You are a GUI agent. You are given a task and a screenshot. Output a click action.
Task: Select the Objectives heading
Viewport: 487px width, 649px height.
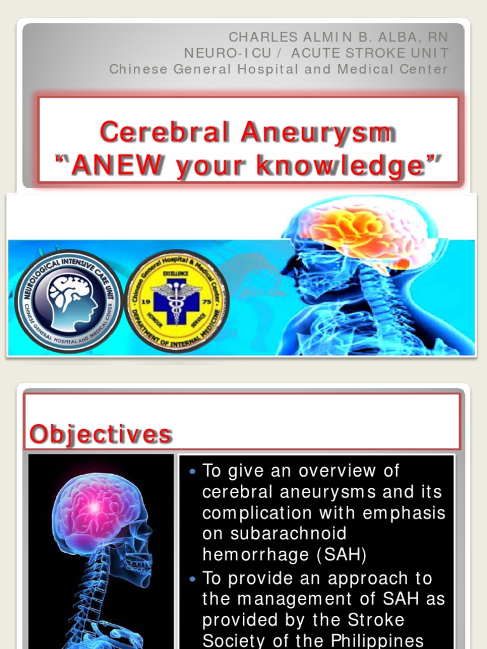100,434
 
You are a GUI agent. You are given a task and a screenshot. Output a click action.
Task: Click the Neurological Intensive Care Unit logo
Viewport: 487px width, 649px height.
66,302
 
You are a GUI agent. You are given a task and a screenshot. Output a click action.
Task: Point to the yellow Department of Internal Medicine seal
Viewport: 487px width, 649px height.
176,301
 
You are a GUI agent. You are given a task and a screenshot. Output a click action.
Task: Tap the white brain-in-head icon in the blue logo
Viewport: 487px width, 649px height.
71,302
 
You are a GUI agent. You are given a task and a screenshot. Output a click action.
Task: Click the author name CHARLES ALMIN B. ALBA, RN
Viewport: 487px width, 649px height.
338,37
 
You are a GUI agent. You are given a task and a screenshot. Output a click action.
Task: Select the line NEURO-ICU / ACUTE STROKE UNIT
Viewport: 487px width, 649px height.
316,53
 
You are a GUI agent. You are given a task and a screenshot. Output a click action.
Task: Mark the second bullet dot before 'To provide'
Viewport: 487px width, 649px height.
193,579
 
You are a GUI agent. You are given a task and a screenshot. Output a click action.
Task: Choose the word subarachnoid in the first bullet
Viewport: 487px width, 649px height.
274,534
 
